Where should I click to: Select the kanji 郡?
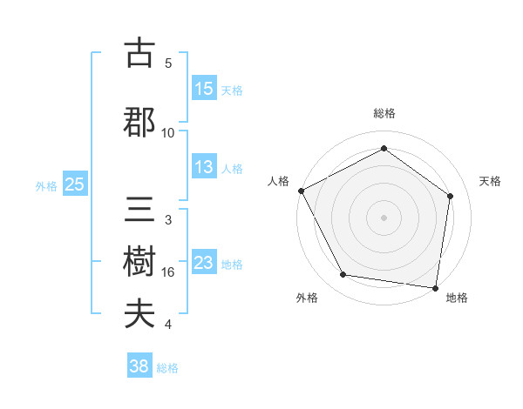point(140,122)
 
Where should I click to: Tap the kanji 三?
point(140,210)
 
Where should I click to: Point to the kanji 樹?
point(140,262)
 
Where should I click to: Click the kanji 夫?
point(140,314)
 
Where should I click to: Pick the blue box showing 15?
point(203,89)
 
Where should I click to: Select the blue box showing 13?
point(203,167)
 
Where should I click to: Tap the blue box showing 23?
point(203,263)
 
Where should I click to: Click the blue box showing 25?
point(74,184)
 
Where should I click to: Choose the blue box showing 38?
point(139,367)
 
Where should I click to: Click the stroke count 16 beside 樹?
point(168,272)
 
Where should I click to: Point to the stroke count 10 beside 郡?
point(168,133)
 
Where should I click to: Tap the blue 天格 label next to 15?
point(232,90)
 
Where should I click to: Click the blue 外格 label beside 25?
point(46,185)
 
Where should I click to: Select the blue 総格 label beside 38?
point(167,368)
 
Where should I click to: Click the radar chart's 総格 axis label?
point(384,114)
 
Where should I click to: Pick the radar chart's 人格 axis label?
point(278,181)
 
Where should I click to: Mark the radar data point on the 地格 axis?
point(436,287)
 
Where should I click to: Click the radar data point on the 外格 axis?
point(343,275)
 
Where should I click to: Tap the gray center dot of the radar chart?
point(384,217)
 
